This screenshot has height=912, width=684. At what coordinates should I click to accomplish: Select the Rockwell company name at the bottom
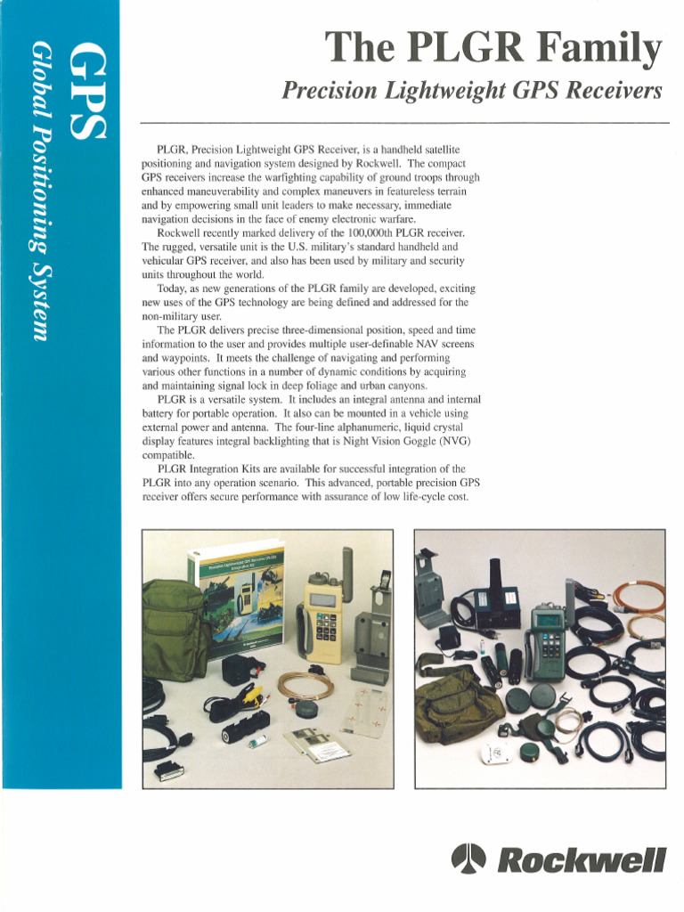coord(580,860)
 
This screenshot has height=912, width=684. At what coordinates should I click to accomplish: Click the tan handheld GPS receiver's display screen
coord(322,600)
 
